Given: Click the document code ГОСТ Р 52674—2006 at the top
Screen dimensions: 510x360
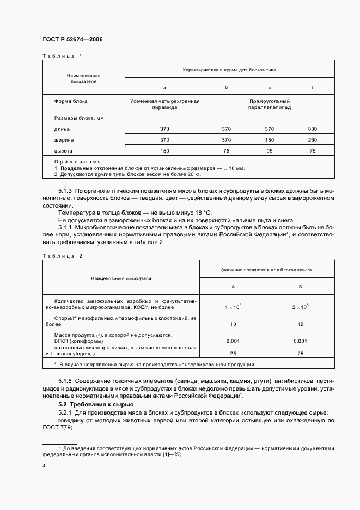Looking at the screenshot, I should click(72, 40).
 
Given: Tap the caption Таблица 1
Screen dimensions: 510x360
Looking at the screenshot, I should click(62, 56).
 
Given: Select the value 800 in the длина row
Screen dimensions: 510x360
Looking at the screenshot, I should click(312, 129).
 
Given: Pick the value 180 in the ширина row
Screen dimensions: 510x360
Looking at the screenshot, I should click(269, 140).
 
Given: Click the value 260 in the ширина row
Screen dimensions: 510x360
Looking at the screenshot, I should click(312, 140).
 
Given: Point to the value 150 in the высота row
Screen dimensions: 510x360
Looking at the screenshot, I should click(165, 150).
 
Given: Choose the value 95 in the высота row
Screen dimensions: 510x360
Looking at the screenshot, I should click(269, 150).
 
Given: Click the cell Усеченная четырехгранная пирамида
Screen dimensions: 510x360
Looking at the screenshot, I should click(165, 105).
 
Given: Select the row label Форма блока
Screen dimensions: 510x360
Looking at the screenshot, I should click(71, 101).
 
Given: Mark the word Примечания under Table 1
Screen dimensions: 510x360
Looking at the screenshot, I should click(77, 162).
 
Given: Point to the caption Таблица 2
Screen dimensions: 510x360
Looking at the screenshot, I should click(62, 256).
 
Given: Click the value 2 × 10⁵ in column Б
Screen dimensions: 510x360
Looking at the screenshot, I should click(300, 307).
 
